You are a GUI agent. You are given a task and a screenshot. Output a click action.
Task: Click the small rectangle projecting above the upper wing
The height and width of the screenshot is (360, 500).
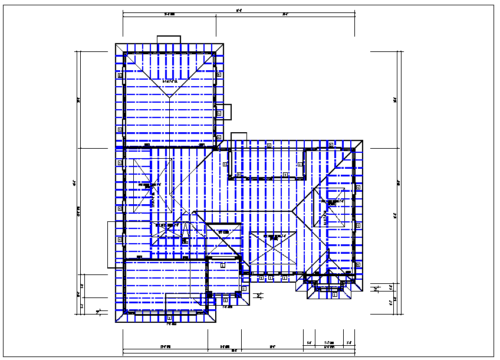pyautogui.click(x=169, y=40)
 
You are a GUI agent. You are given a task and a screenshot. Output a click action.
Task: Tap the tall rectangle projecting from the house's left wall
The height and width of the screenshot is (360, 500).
pyautogui.click(x=111, y=244)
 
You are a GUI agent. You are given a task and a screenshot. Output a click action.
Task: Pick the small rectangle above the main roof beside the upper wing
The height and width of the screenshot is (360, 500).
pyautogui.click(x=239, y=136)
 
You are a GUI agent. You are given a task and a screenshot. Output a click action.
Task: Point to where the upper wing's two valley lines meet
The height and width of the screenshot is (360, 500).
pyautogui.click(x=169, y=96)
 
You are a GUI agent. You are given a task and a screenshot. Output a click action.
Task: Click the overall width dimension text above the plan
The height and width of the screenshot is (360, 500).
pyautogui.click(x=238, y=9)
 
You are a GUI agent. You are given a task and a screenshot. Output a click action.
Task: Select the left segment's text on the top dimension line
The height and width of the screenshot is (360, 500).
pyautogui.click(x=169, y=15)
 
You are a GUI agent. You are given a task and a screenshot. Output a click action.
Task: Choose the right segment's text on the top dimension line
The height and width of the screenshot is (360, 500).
pyautogui.click(x=285, y=15)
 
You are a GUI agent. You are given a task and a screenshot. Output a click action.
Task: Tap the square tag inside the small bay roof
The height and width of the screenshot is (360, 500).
pyautogui.click(x=334, y=295)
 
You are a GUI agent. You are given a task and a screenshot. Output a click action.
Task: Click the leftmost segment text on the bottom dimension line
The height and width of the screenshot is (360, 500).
pyautogui.click(x=165, y=346)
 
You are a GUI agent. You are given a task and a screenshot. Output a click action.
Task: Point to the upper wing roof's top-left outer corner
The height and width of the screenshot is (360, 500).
pyautogui.click(x=114, y=43)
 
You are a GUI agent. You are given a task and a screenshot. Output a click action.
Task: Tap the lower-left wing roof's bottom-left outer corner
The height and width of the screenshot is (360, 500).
pyautogui.click(x=114, y=323)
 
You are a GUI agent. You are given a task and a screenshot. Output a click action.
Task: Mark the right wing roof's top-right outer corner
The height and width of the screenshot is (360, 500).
pyautogui.click(x=363, y=140)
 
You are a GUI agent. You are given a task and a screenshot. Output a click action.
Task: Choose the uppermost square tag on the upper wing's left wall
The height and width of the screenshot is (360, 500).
pyautogui.click(x=120, y=76)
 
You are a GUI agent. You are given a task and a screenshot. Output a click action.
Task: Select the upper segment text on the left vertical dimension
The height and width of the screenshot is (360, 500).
pyautogui.click(x=78, y=100)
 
